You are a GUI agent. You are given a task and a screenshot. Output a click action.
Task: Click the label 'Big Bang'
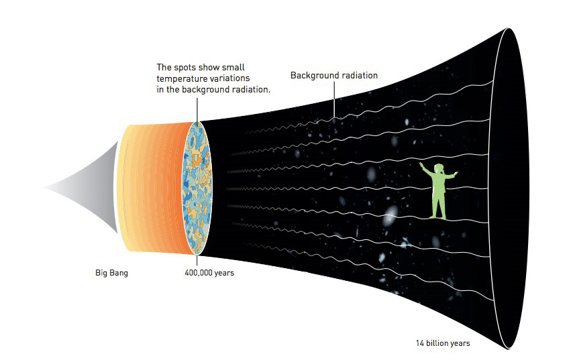(111, 274)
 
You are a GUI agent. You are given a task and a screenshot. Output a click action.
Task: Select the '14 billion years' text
(442, 344)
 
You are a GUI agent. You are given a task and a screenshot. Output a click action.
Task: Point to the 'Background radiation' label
(333, 76)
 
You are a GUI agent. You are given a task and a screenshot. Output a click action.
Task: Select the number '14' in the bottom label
(420, 344)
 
